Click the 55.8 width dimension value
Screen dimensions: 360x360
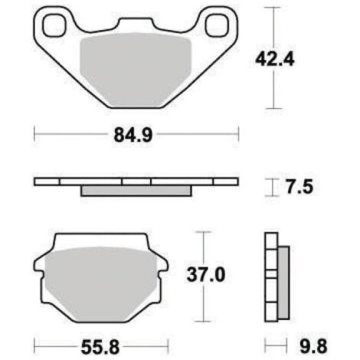click(103, 343)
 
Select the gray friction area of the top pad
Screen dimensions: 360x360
click(136, 69)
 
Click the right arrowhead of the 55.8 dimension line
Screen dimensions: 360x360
click(168, 343)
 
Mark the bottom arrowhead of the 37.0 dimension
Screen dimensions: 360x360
click(201, 319)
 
